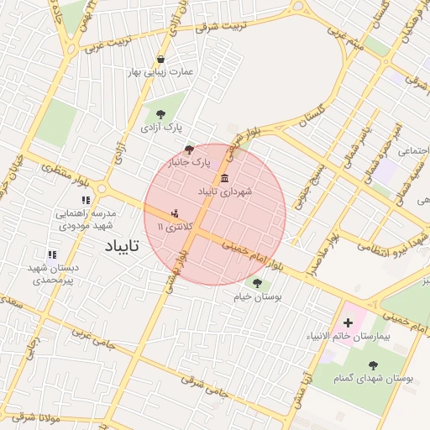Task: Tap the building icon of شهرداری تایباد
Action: [224, 178]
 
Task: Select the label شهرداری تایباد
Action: [224, 191]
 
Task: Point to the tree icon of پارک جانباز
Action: [190, 148]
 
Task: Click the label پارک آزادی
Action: [160, 127]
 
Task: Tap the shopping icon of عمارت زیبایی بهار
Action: [161, 59]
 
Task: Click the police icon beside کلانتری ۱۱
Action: [175, 213]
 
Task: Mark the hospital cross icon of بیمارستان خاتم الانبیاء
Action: [349, 323]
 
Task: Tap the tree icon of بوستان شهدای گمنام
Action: [373, 365]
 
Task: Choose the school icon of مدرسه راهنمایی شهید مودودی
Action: [85, 200]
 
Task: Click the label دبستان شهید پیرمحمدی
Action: [53, 273]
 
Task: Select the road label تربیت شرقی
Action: [221, 26]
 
